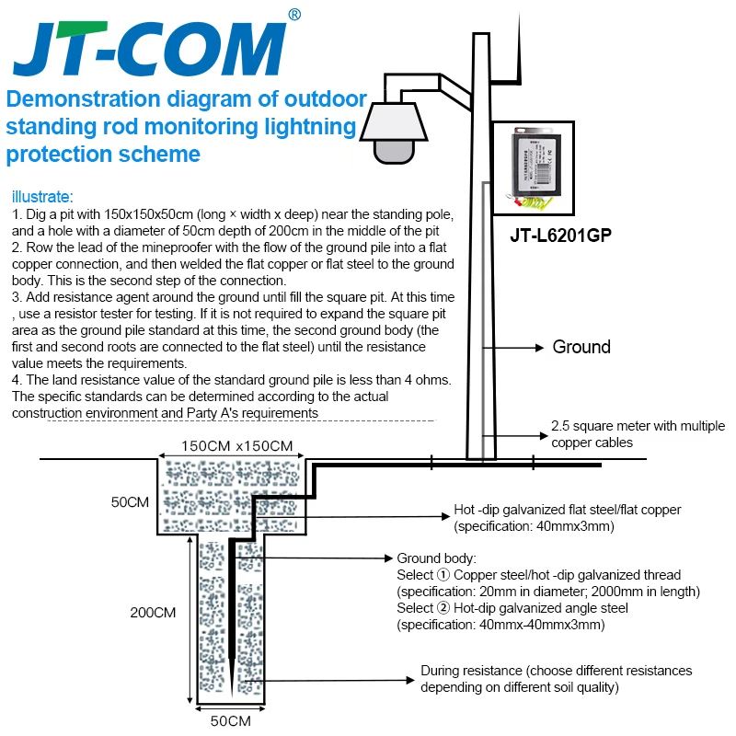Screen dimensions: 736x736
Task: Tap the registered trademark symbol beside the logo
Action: (x=293, y=15)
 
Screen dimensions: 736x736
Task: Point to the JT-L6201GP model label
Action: (x=561, y=235)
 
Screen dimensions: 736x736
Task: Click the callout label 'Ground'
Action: (x=581, y=347)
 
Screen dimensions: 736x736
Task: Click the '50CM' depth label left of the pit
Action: (x=130, y=502)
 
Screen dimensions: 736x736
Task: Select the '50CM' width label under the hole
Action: (x=230, y=720)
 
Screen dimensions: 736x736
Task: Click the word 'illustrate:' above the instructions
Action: (x=40, y=196)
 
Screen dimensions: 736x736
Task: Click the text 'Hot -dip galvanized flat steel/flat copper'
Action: (x=568, y=511)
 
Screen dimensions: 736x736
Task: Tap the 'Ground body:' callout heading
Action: (x=436, y=558)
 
